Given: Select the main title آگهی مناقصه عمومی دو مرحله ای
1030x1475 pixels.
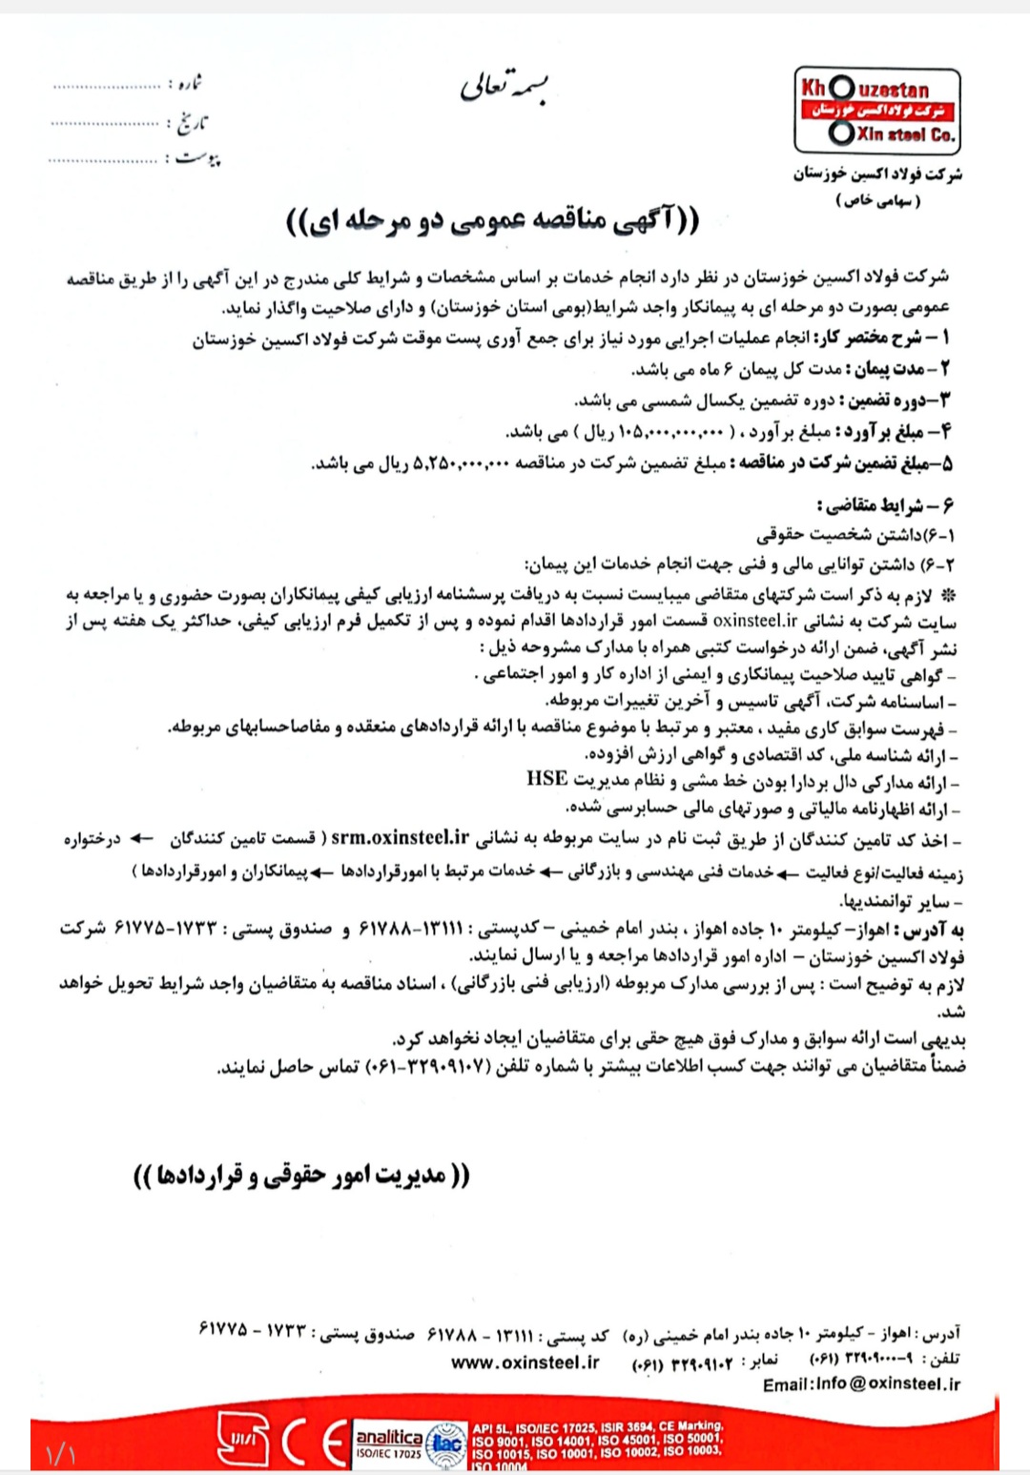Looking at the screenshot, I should click(x=492, y=222).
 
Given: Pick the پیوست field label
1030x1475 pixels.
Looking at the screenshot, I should click(x=197, y=157).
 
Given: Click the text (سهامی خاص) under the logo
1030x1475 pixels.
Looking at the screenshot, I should click(x=879, y=201).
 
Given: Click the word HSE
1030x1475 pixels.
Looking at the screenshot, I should click(x=546, y=779).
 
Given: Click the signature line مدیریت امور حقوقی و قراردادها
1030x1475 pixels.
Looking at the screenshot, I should click(x=301, y=1175).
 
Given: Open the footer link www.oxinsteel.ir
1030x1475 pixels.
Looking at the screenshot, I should click(x=525, y=1362).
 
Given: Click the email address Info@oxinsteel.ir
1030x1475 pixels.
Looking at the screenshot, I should click(x=861, y=1383).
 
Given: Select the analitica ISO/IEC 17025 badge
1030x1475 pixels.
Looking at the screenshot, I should click(x=388, y=1443).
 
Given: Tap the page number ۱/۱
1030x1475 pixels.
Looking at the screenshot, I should click(x=60, y=1454).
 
